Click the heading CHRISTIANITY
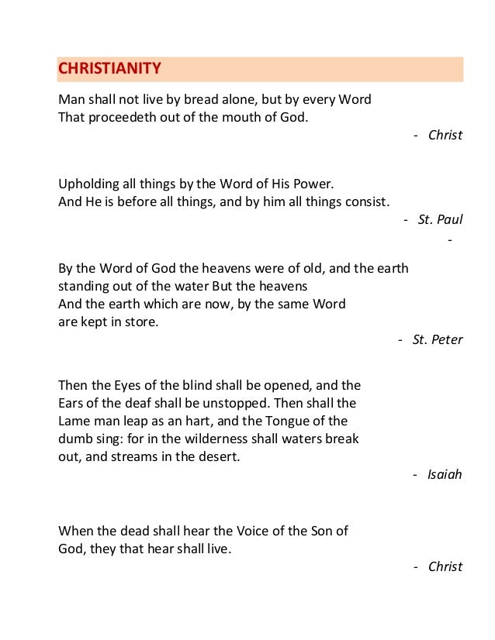tap(110, 69)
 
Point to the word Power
tap(313, 184)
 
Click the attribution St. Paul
tap(439, 219)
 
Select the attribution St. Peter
tap(437, 339)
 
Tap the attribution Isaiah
tap(445, 473)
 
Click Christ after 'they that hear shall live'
tap(445, 566)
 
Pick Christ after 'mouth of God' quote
tap(445, 136)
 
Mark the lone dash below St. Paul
tap(451, 237)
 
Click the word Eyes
tap(130, 385)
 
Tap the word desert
tap(220, 456)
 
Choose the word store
tap(142, 321)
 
